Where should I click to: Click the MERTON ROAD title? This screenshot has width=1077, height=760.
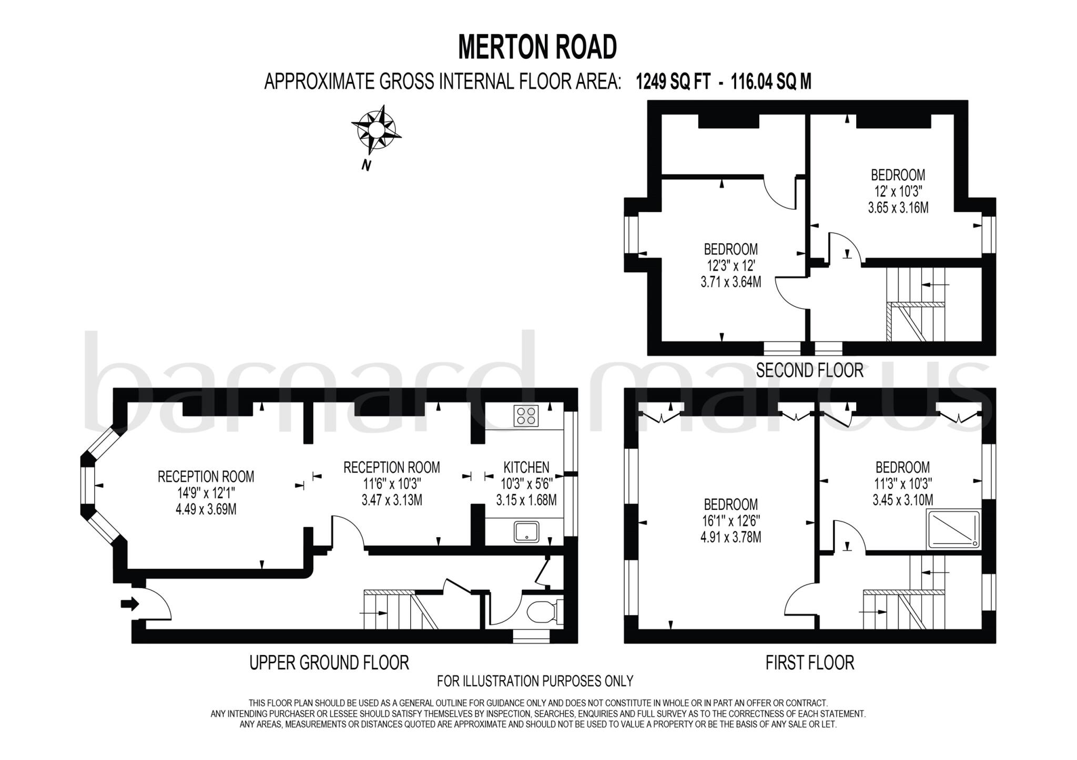click(x=537, y=47)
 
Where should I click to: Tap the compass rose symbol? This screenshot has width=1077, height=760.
click(x=376, y=129)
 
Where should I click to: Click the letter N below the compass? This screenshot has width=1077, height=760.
click(x=366, y=166)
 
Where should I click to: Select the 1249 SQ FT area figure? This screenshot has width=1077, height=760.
click(x=673, y=82)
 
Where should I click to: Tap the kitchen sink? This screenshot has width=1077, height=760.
click(x=526, y=531)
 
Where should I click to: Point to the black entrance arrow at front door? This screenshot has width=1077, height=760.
click(x=129, y=604)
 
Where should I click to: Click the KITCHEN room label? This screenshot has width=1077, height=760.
click(x=526, y=467)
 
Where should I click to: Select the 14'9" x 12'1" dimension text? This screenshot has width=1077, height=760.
click(x=206, y=493)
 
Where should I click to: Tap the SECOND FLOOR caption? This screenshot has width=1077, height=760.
click(x=809, y=371)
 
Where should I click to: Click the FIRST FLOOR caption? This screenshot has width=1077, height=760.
click(x=809, y=663)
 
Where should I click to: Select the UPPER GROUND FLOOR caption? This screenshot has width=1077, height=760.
click(x=329, y=663)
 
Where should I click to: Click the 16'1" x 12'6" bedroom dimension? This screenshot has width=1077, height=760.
click(x=730, y=521)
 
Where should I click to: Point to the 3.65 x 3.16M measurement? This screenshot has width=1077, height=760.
click(x=898, y=208)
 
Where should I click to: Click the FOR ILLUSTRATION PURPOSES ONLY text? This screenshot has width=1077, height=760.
click(x=535, y=681)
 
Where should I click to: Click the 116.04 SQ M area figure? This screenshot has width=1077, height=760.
click(x=771, y=82)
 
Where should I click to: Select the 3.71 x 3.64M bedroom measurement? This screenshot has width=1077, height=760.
click(x=730, y=282)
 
